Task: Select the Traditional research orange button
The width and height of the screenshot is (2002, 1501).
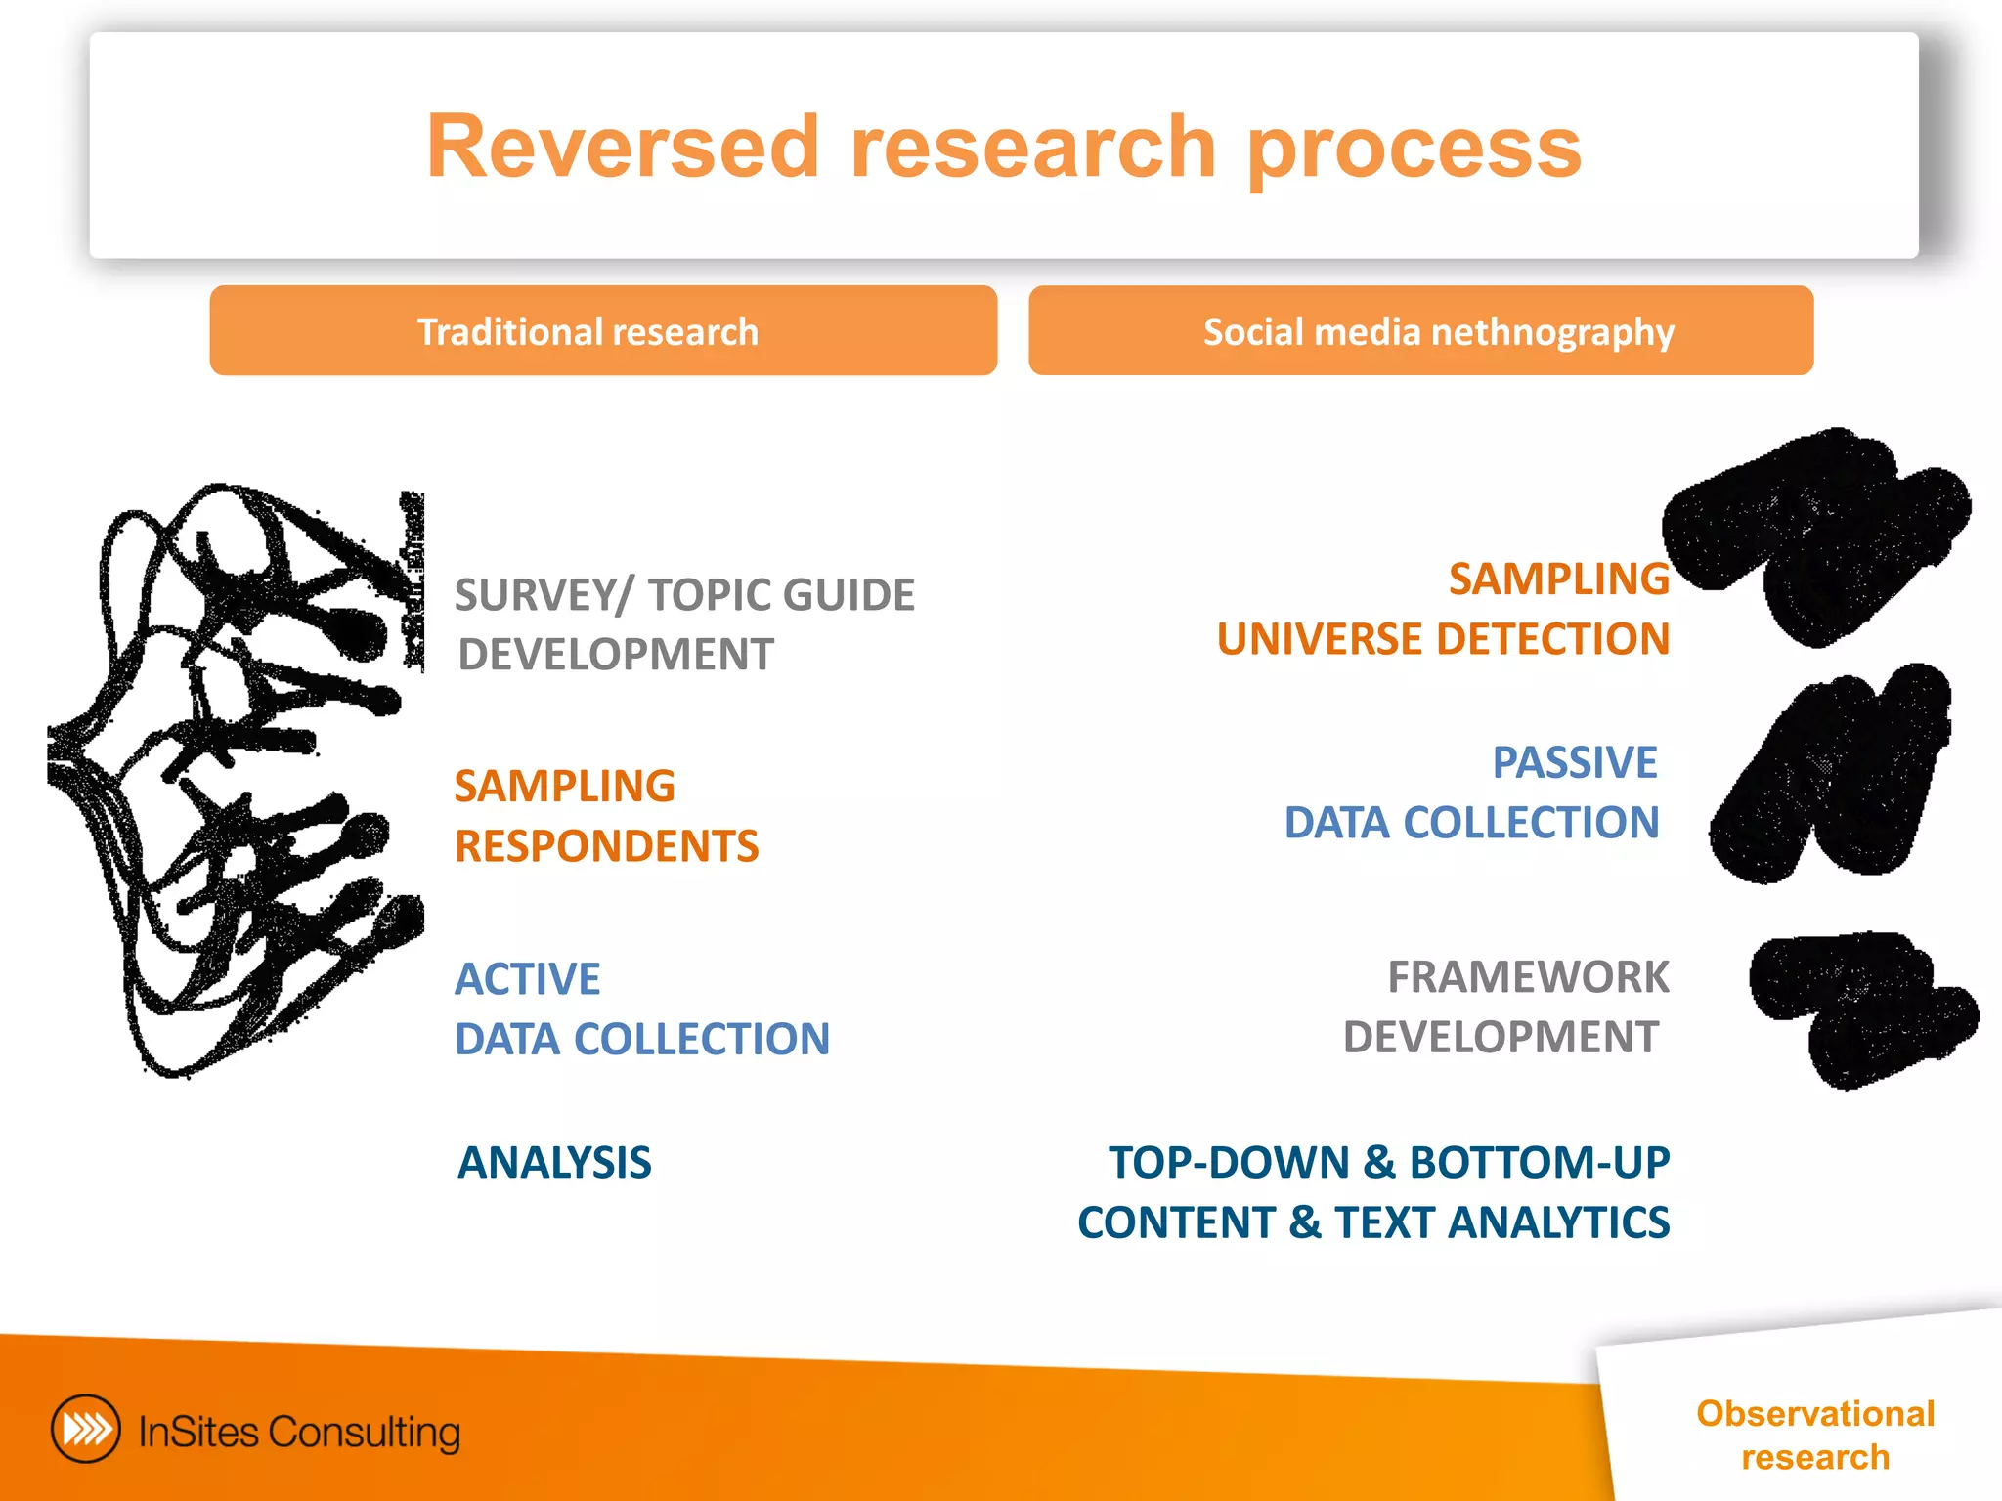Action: pyautogui.click(x=603, y=331)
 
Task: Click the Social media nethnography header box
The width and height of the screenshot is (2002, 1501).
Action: pyautogui.click(x=1420, y=331)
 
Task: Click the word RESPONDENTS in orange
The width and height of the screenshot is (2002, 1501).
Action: pyautogui.click(x=606, y=846)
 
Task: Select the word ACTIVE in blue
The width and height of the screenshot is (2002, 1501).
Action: pyautogui.click(x=528, y=979)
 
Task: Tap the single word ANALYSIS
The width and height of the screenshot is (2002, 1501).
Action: pyautogui.click(x=554, y=1163)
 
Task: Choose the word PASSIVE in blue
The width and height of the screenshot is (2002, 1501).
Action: pyautogui.click(x=1574, y=762)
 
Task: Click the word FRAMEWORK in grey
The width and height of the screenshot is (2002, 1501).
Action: pyautogui.click(x=1528, y=977)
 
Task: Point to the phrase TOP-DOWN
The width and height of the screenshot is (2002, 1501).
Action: pyautogui.click(x=1229, y=1163)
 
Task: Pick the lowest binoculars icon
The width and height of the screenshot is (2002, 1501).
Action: pyautogui.click(x=1860, y=1008)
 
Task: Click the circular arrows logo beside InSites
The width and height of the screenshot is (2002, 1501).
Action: pyautogui.click(x=86, y=1429)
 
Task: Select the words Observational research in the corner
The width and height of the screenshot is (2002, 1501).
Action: pyautogui.click(x=1814, y=1435)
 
